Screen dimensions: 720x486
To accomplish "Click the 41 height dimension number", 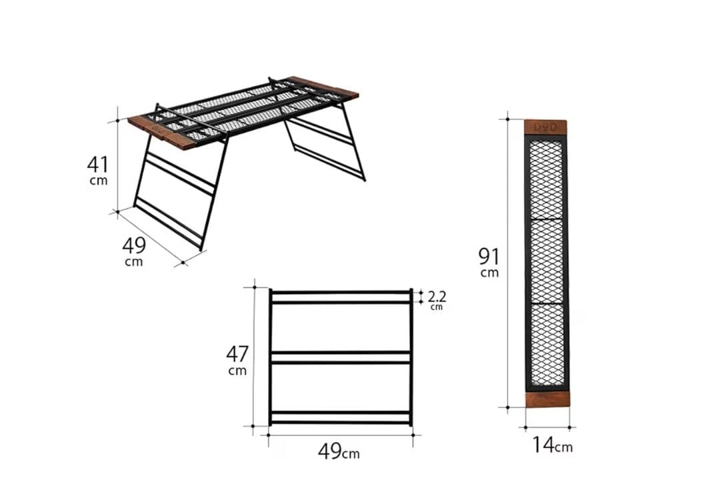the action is click(x=98, y=164).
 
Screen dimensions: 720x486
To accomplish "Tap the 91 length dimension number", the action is click(x=489, y=256).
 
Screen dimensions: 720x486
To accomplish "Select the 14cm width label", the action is click(x=552, y=445).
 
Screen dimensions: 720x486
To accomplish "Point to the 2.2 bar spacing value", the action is click(x=437, y=296).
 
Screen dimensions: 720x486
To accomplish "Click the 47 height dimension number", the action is click(x=237, y=354).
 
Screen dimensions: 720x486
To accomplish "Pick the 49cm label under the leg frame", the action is click(x=339, y=451).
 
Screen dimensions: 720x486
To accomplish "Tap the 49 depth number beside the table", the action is click(x=134, y=245).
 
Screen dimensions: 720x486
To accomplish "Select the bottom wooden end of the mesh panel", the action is click(x=547, y=399).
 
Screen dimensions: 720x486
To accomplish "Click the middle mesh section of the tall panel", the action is click(x=547, y=261).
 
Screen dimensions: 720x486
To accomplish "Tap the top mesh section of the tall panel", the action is click(x=545, y=179).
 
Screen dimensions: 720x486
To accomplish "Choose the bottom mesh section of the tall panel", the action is click(x=547, y=345).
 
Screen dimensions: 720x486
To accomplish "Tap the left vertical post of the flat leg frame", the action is click(x=271, y=357).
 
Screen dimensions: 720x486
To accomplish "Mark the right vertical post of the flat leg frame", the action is click(x=411, y=357).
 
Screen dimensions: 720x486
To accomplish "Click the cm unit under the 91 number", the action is click(x=489, y=273).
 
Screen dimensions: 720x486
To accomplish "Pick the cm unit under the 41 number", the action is click(x=99, y=181).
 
